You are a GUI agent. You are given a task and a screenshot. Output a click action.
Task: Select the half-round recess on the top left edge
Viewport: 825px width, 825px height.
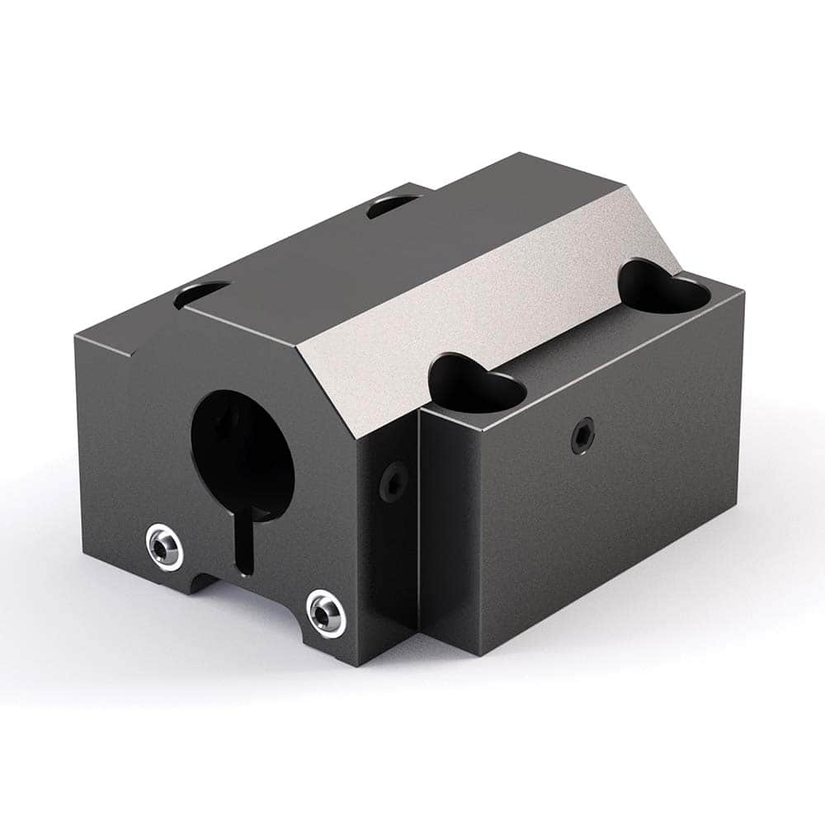click(x=202, y=293)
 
